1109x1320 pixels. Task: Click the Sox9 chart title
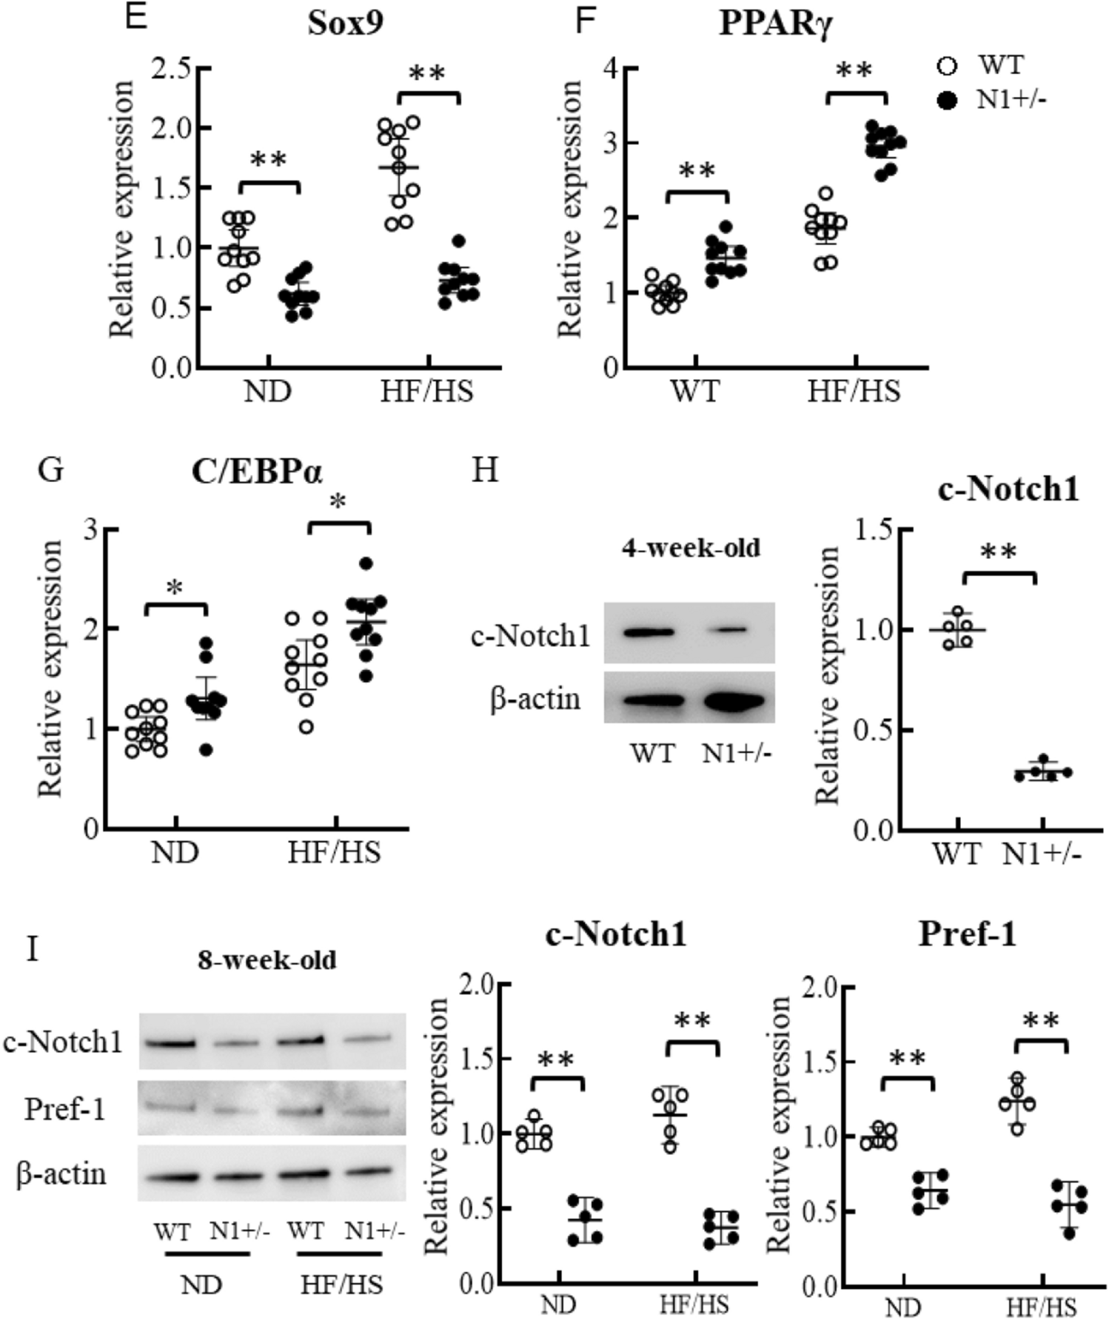346,24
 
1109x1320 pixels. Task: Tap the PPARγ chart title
776,24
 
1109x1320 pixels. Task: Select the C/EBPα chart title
257,472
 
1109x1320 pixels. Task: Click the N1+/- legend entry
1011,98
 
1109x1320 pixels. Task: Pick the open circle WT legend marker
947,66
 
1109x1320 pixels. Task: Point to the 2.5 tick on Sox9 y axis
171,67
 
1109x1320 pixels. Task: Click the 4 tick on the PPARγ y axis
611,67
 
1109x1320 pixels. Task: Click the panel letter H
484,469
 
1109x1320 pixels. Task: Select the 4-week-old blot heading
690,549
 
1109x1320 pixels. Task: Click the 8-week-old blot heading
267,960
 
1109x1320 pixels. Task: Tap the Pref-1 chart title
967,934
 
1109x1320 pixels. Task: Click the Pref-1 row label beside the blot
64,1108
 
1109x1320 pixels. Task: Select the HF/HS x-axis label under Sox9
426,390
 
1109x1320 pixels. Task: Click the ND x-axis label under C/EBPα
175,852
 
